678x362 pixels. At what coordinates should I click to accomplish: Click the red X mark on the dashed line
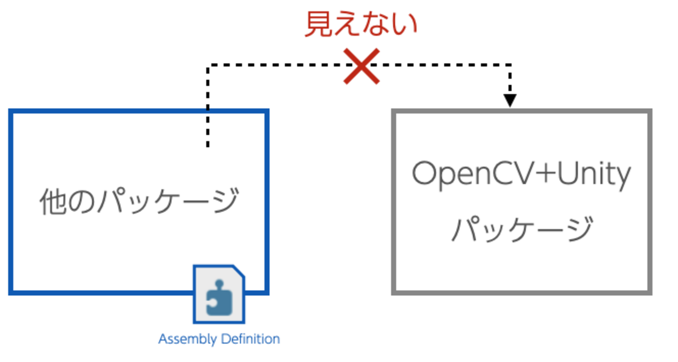tap(361, 66)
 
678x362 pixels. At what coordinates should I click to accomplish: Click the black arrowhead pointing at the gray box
tap(510, 100)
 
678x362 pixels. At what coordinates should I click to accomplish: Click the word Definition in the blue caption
tap(250, 339)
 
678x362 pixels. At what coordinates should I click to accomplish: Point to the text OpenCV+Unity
tap(522, 174)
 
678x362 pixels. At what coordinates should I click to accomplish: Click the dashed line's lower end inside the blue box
tap(208, 145)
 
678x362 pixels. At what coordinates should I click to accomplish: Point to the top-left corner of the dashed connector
tap(208, 65)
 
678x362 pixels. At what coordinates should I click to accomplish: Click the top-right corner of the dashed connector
tap(510, 65)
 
